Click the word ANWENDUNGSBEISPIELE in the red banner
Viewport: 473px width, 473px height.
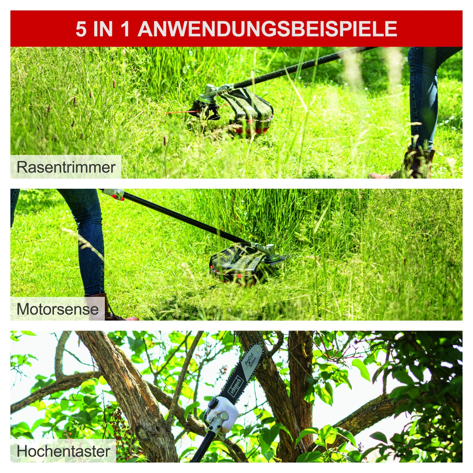pos(267,29)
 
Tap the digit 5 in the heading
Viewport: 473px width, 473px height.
pos(81,29)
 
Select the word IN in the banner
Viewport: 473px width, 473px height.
pos(103,29)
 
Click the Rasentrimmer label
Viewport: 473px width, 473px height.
pos(66,167)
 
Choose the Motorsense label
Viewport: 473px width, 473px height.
pos(57,309)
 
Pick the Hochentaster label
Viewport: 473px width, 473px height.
pos(63,451)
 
